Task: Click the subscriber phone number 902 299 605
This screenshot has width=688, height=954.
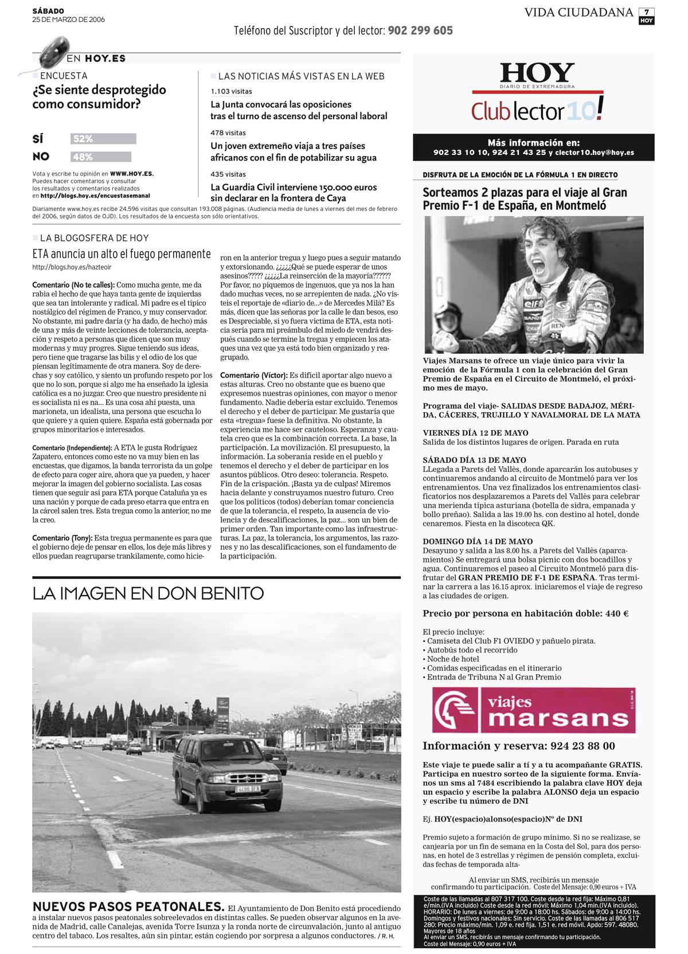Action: point(420,31)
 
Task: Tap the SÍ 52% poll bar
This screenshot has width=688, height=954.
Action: point(103,139)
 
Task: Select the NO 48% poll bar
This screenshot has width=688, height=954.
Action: point(101,157)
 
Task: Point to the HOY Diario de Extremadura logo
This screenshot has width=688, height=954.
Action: point(537,75)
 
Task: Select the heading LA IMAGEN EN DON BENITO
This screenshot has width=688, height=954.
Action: point(148,593)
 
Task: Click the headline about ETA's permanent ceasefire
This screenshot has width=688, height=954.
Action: point(122,254)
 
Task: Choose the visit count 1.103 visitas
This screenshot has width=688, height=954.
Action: point(231,91)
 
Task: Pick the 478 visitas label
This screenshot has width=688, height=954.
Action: point(228,133)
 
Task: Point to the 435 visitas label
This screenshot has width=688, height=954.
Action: point(228,174)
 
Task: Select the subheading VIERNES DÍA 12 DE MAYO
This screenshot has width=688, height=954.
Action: point(475,433)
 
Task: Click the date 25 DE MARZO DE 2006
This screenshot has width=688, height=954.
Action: point(68,19)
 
